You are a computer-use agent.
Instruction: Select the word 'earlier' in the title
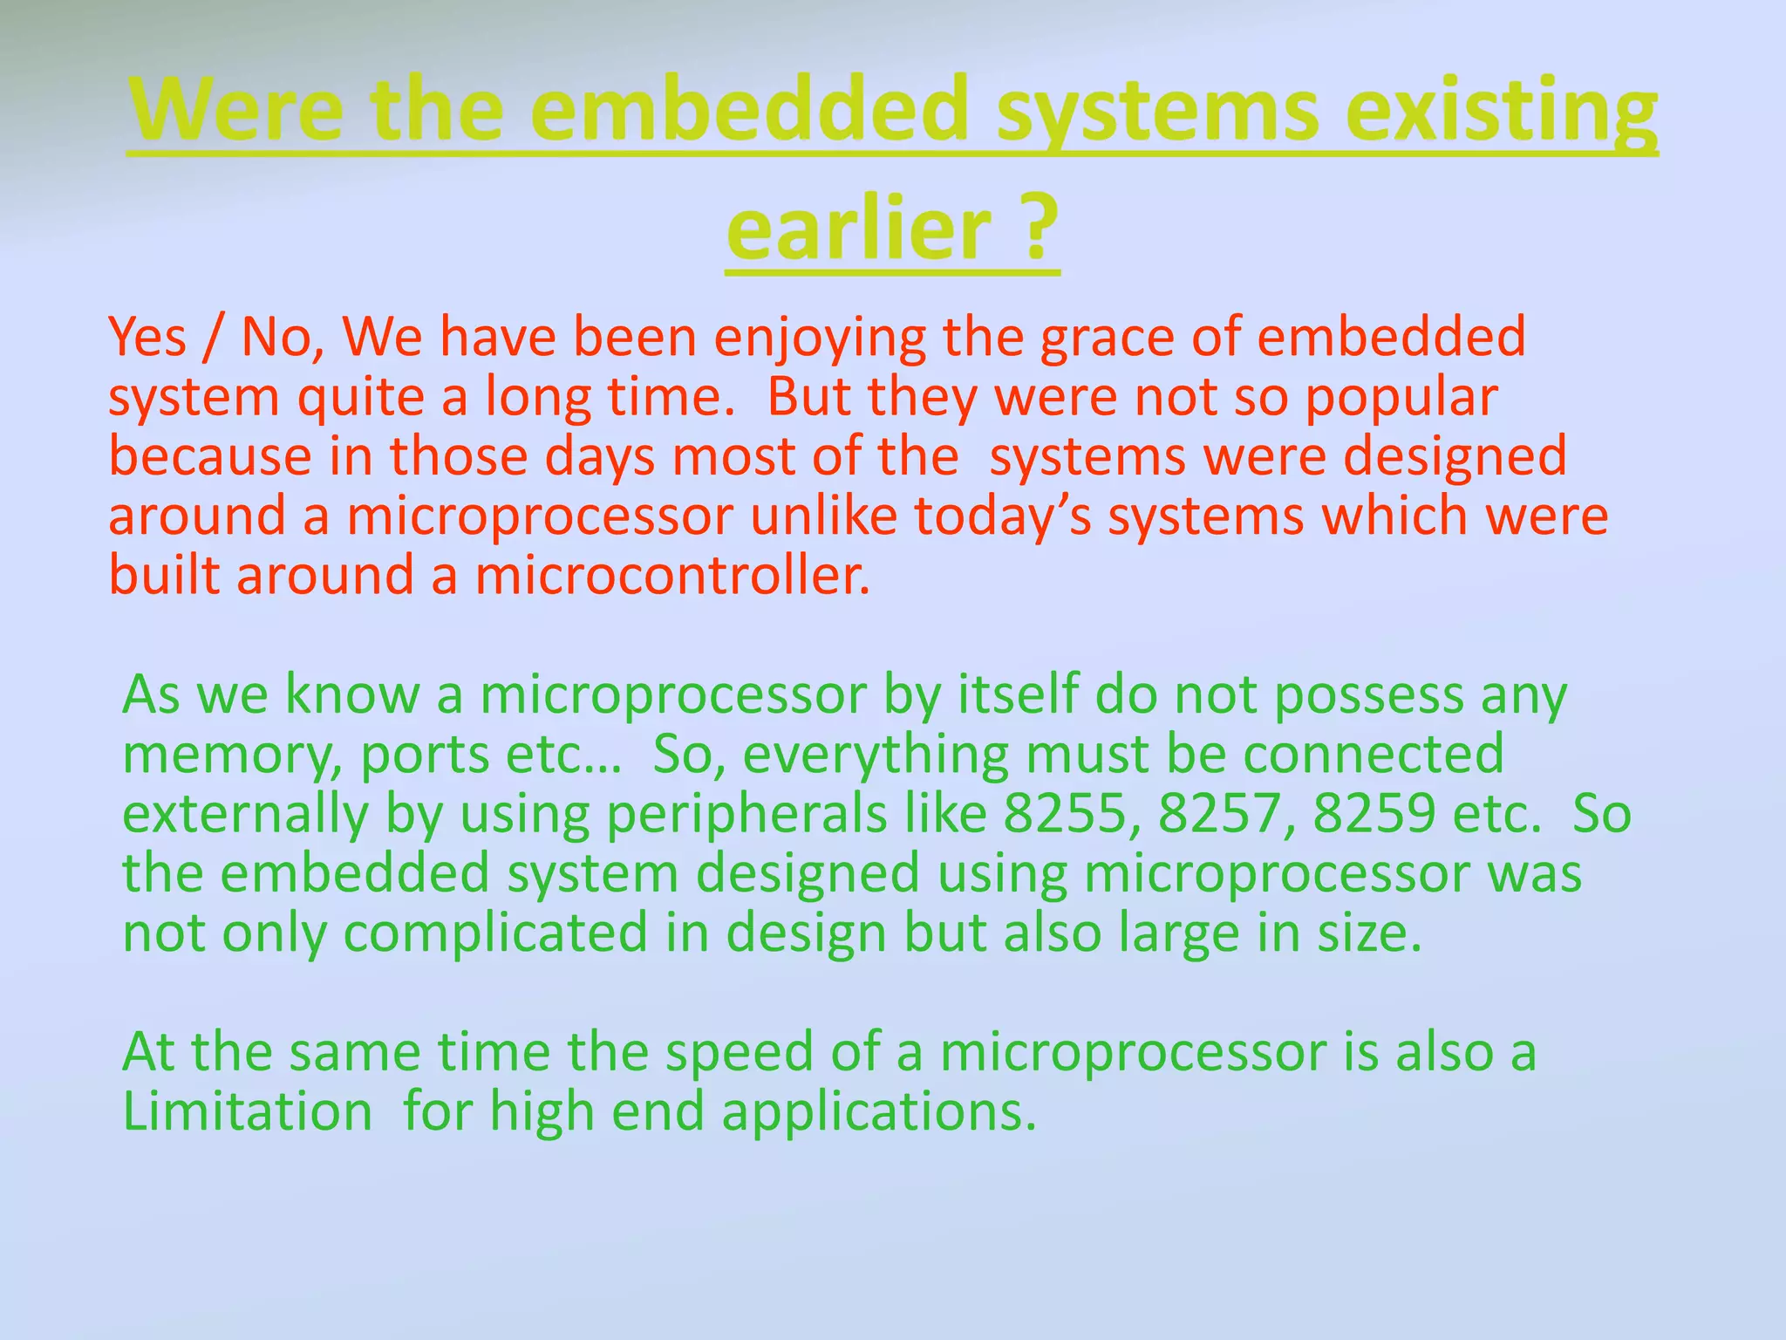point(858,229)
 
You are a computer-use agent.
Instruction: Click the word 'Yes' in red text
point(147,338)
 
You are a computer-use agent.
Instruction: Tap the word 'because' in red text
point(209,456)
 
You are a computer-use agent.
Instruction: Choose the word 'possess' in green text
point(1368,696)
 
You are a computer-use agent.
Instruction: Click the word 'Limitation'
point(248,1111)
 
